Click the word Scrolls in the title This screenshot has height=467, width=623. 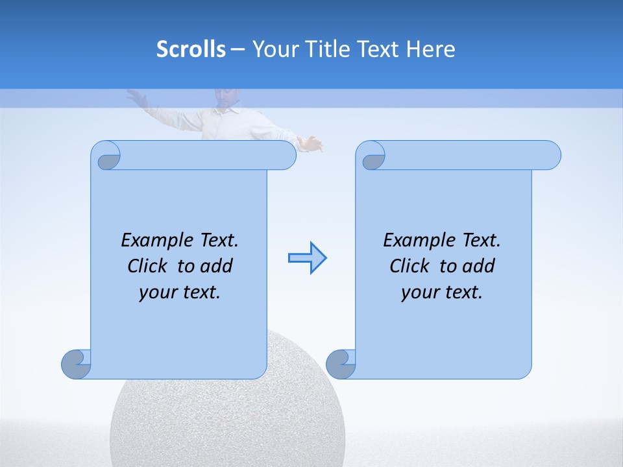191,49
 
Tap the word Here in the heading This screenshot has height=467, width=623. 431,49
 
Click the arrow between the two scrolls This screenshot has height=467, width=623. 307,258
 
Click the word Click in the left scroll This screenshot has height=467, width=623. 149,266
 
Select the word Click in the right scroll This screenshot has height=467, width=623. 411,266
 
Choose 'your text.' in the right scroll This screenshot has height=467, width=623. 442,292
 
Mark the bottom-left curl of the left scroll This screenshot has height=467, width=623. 77,364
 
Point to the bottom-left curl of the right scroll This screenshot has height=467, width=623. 341,364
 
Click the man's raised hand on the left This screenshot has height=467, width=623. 135,97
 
